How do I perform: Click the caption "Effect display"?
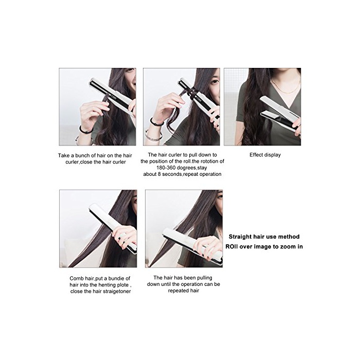pyautogui.click(x=265, y=155)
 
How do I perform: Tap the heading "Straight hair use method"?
pyautogui.click(x=264, y=237)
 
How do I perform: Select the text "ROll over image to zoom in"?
pyautogui.click(x=264, y=247)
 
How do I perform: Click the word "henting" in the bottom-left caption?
pyautogui.click(x=107, y=285)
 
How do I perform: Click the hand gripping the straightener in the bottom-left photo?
pyautogui.click(x=124, y=237)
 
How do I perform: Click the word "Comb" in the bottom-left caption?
pyautogui.click(x=75, y=279)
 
